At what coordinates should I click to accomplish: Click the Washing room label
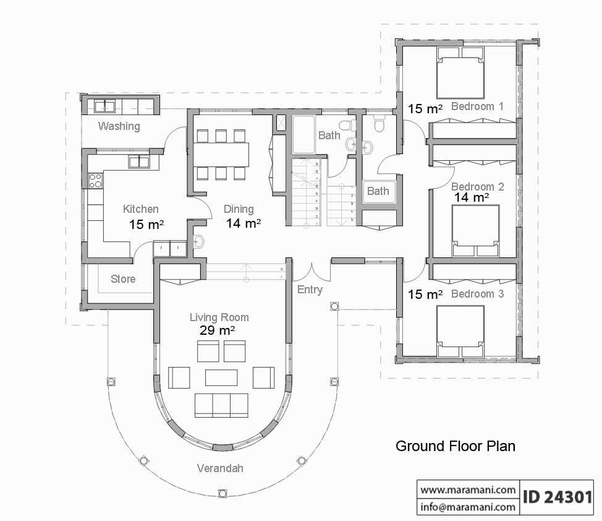pyautogui.click(x=119, y=126)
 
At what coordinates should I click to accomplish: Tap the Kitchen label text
pyautogui.click(x=140, y=209)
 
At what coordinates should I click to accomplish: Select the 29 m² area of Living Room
pyautogui.click(x=217, y=331)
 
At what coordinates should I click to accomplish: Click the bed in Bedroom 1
pyautogui.click(x=459, y=77)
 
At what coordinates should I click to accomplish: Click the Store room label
pyautogui.click(x=123, y=279)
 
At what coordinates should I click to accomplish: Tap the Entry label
pyautogui.click(x=310, y=290)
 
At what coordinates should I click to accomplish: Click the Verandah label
pyautogui.click(x=220, y=468)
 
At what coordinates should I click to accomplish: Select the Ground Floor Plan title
pyautogui.click(x=455, y=446)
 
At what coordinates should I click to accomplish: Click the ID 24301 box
pyautogui.click(x=559, y=497)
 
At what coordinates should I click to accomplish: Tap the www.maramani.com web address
pyautogui.click(x=468, y=489)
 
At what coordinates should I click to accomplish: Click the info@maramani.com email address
pyautogui.click(x=468, y=507)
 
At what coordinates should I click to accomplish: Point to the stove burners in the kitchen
pyautogui.click(x=96, y=181)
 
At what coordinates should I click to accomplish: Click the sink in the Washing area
pyautogui.click(x=104, y=106)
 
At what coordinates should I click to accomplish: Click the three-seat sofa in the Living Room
pyautogui.click(x=221, y=405)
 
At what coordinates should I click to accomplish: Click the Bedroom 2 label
pyautogui.click(x=477, y=186)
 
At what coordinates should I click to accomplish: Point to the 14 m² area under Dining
pyautogui.click(x=243, y=223)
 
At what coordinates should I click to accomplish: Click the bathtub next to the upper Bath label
pyautogui.click(x=303, y=134)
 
